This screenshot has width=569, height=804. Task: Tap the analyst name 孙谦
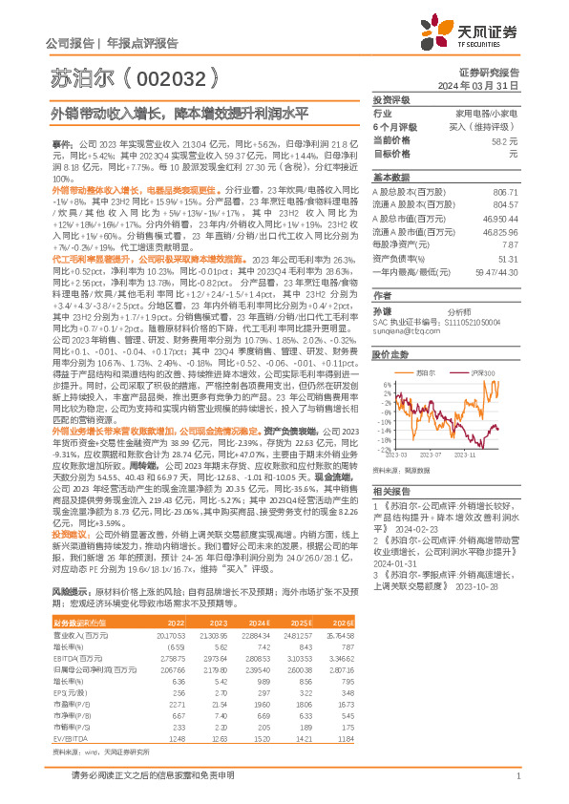[x=382, y=311]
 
